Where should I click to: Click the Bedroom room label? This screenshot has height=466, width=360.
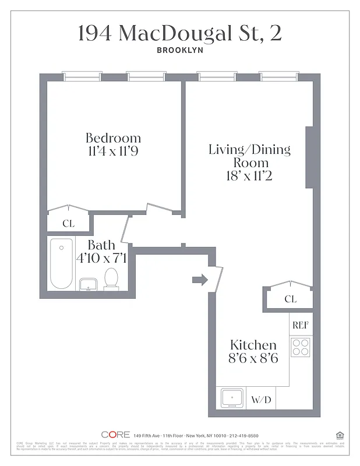tap(113, 138)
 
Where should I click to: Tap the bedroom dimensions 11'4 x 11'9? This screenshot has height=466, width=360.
tap(113, 151)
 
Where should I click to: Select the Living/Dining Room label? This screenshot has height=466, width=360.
tap(249, 156)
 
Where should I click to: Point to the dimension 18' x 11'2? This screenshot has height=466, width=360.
tap(249, 175)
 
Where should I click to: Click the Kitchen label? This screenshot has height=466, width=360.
tap(253, 345)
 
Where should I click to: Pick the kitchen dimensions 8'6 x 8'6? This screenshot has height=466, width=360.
tap(253, 358)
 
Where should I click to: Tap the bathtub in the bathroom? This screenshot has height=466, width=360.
tap(61, 263)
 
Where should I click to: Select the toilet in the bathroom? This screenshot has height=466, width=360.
tap(111, 278)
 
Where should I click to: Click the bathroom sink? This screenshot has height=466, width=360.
tap(88, 284)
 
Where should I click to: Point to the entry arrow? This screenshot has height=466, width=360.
tap(200, 280)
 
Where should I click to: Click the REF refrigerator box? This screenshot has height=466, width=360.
tap(301, 325)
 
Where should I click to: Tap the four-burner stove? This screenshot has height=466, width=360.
tap(301, 347)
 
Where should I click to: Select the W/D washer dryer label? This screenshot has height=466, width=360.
tap(261, 400)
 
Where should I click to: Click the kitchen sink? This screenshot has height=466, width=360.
tap(232, 400)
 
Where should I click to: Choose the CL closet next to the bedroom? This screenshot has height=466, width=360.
tap(69, 223)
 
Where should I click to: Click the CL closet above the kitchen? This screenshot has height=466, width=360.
tap(290, 299)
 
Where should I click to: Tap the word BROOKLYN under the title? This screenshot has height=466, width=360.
tap(179, 50)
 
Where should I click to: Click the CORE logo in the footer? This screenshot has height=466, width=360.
tap(115, 435)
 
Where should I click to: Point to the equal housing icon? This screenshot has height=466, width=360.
tap(340, 435)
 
